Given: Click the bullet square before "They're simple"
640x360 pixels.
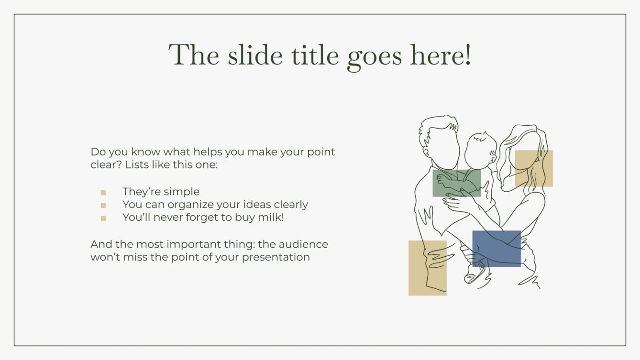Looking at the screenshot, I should click(x=103, y=193).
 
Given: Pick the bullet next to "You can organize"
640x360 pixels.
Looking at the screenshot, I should click(x=103, y=206).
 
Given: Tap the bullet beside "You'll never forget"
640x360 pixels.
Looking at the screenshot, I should click(x=103, y=218).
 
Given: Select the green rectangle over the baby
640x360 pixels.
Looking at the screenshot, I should click(x=456, y=183).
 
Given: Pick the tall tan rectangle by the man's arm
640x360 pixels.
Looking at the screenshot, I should click(x=427, y=268).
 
